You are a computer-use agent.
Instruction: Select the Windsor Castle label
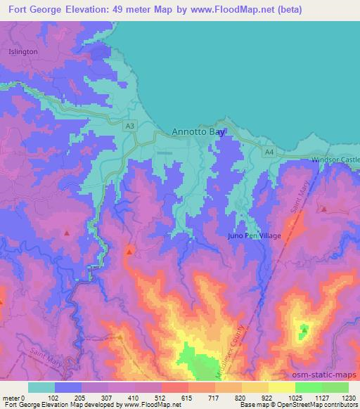coord(335,160)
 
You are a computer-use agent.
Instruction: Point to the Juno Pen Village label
coord(254,236)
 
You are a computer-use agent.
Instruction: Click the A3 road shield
coord(129,126)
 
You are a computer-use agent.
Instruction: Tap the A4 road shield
coord(269,151)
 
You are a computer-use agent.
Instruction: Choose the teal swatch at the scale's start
coord(41,387)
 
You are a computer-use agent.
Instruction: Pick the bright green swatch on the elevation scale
coord(308,387)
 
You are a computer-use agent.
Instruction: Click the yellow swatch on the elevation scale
coord(281,387)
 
